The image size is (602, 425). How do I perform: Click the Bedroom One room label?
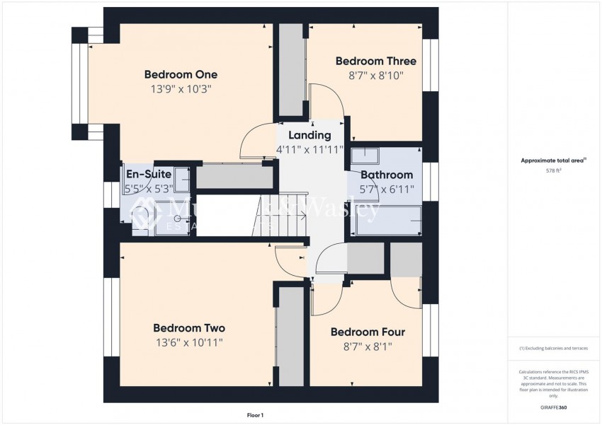click(181, 74)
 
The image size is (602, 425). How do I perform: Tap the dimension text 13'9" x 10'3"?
click(181, 90)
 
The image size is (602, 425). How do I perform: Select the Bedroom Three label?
click(370, 61)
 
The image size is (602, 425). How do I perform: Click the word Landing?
click(309, 135)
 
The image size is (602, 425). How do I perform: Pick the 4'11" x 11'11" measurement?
click(309, 150)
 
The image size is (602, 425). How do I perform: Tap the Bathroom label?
click(387, 175)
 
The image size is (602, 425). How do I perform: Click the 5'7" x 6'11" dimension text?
click(387, 190)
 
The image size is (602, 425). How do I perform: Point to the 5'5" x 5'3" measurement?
click(148, 189)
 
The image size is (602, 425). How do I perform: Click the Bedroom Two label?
click(189, 328)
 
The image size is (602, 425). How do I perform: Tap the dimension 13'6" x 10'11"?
click(189, 343)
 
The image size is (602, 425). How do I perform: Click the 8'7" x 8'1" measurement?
click(368, 347)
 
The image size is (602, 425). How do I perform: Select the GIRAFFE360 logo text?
click(552, 407)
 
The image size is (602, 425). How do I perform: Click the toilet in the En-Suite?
click(142, 216)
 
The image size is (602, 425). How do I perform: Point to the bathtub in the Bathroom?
click(388, 221)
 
